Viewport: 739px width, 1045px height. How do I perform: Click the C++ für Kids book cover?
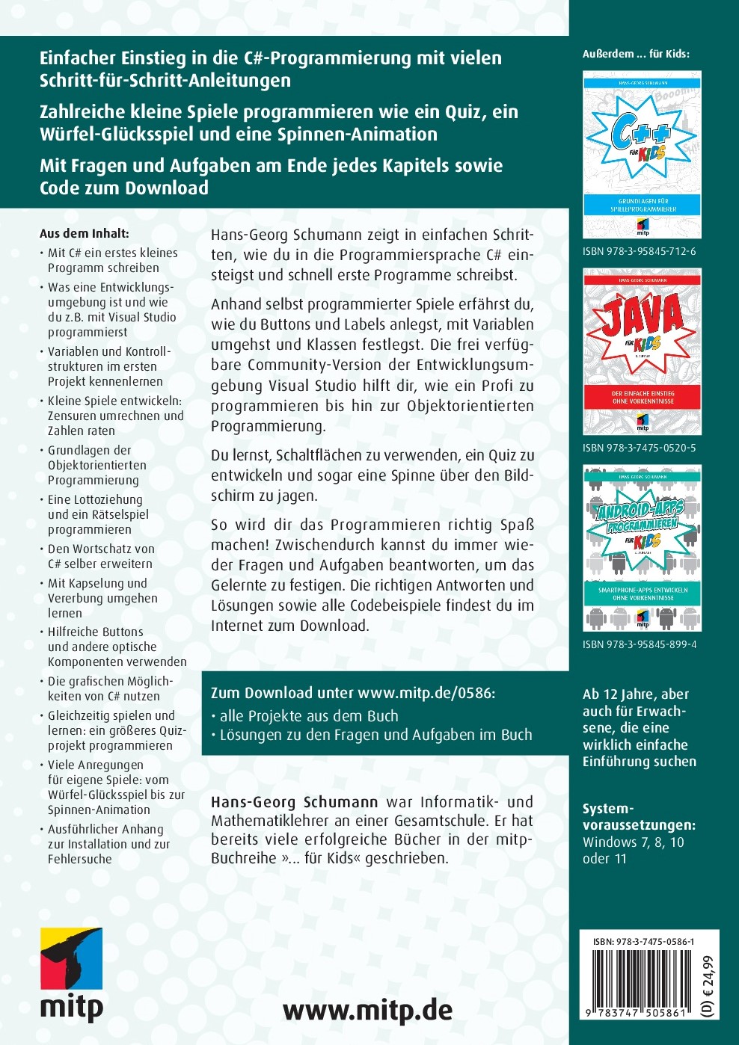coord(642,155)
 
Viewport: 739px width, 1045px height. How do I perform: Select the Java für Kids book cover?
coord(642,352)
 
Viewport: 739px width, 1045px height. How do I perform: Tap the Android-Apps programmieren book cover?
coord(642,548)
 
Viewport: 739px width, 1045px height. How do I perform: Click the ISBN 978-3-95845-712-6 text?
coord(639,251)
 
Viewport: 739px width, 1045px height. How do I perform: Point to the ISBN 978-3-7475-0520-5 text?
coord(639,448)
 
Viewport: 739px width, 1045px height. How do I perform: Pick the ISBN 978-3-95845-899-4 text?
coord(640,644)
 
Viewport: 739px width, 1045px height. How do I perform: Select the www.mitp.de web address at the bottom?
coord(367,1011)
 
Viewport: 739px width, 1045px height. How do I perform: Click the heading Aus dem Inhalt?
coord(84,233)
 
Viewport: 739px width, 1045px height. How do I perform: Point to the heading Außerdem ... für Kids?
coord(636,54)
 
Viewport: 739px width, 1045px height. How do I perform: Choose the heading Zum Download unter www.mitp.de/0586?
coord(353,693)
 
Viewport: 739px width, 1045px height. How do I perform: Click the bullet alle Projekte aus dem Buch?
coord(309,716)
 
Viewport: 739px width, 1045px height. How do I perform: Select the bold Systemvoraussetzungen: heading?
coord(638,817)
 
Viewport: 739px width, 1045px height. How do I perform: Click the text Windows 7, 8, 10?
coord(633,842)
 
